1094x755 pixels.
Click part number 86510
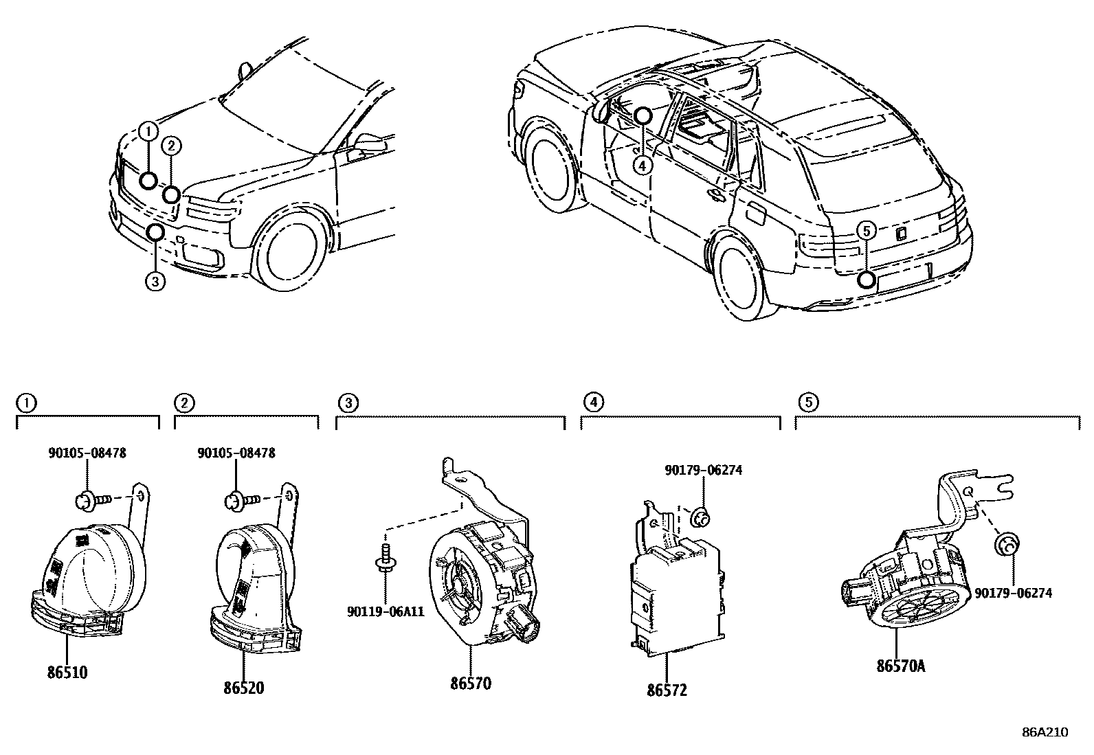point(67,673)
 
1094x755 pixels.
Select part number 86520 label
point(243,688)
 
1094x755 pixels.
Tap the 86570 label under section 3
point(471,684)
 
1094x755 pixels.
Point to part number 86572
point(666,690)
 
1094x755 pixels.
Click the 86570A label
point(900,666)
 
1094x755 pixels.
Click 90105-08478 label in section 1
point(87,453)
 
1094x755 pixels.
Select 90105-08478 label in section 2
point(236,453)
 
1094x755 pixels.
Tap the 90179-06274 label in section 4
point(703,470)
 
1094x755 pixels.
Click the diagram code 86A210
point(1045,732)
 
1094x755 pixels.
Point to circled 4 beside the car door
point(641,166)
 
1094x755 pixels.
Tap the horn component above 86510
point(82,570)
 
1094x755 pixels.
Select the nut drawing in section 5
point(1005,545)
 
